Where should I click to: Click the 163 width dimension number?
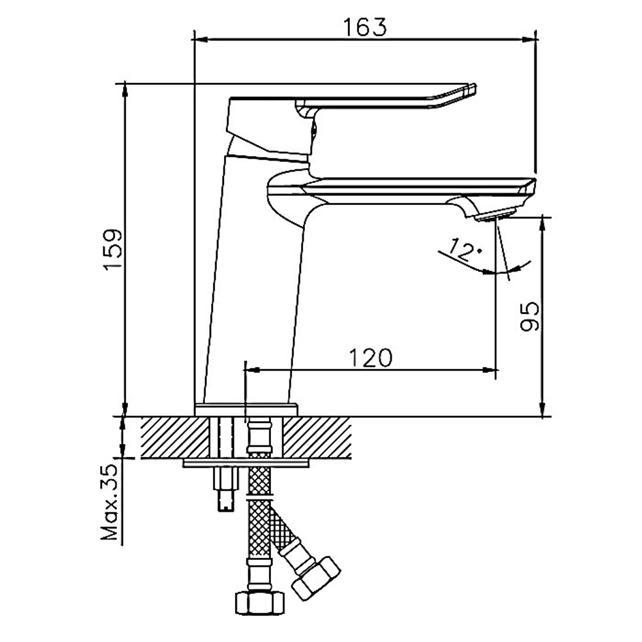pyautogui.click(x=364, y=27)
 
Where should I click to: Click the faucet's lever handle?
pyautogui.click(x=385, y=96)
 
